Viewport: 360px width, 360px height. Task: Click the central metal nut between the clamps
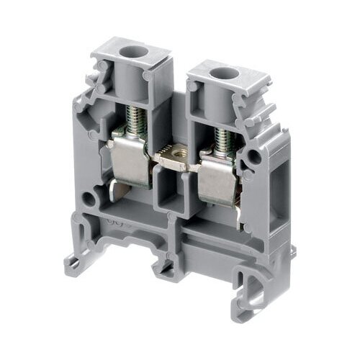(174, 153)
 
